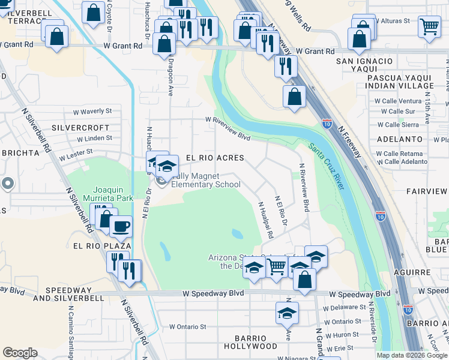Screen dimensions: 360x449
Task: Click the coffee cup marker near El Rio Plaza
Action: tap(121, 226)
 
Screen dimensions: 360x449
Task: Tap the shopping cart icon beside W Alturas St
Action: tap(429, 26)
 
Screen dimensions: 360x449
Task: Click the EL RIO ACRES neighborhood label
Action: tap(214, 158)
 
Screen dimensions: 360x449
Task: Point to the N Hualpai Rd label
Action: tap(266, 220)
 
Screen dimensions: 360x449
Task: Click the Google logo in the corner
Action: tap(20, 353)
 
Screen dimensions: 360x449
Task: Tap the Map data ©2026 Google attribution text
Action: tap(412, 355)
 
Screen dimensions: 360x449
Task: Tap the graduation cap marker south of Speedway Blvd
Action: tap(287, 313)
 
